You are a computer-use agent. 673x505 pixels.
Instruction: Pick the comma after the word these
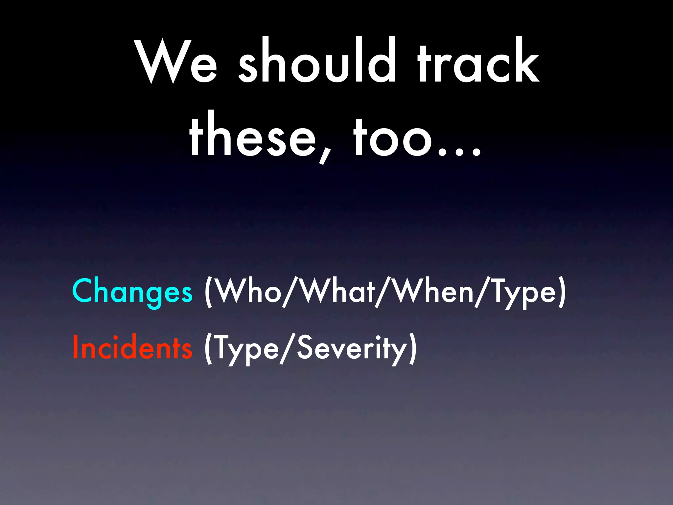pyautogui.click(x=325, y=155)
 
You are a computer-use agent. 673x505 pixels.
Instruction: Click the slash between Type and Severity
pyautogui.click(x=287, y=349)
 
